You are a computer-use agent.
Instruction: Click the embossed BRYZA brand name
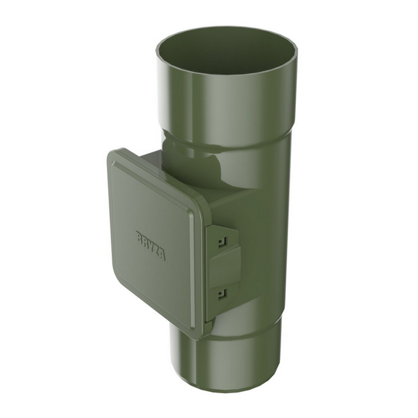(150, 246)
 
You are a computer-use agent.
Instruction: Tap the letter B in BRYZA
(139, 237)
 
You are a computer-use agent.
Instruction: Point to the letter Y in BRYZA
(150, 246)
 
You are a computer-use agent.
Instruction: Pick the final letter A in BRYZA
(162, 255)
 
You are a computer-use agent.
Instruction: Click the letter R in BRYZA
(145, 242)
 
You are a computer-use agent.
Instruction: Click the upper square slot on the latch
(222, 241)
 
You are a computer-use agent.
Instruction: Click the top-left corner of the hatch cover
(111, 153)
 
